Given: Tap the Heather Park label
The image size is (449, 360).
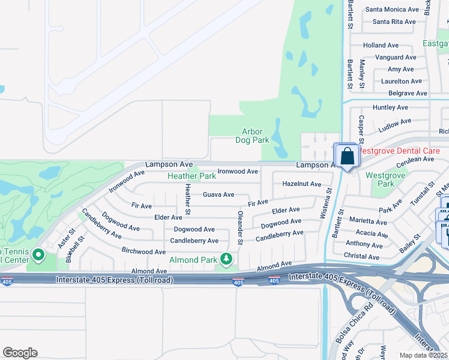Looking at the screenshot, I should click(191, 176).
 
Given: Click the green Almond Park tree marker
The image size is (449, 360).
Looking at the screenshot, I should click(226, 259).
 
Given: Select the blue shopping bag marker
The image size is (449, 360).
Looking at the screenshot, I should click(347, 157).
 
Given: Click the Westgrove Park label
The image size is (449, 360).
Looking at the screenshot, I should click(388, 179).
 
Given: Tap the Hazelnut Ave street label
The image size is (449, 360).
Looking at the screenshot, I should click(301, 184).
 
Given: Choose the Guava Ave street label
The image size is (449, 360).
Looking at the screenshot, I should click(218, 194).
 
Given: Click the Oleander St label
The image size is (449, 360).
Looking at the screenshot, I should click(240, 228).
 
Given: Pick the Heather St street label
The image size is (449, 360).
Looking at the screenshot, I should click(187, 200).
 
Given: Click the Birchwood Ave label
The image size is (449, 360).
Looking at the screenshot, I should click(143, 251).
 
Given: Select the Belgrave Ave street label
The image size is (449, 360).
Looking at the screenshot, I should click(408, 94).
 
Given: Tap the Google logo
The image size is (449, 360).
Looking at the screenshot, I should click(20, 353).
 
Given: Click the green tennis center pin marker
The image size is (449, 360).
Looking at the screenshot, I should click(38, 256).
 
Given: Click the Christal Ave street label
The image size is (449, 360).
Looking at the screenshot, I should click(362, 257).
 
